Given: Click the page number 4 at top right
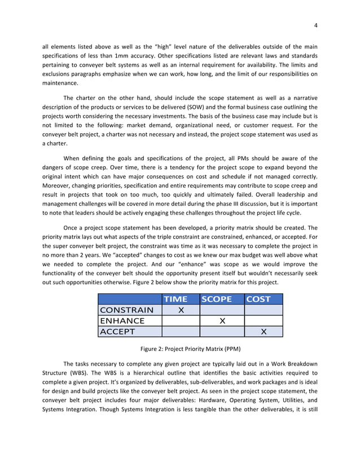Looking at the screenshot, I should [x=316, y=25].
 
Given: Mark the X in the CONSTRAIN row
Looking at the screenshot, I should [x=181, y=310].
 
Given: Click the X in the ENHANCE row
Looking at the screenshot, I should [x=222, y=321].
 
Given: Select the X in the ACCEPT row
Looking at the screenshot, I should [x=264, y=332].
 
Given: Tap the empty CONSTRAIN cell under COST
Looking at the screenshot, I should [x=264, y=310].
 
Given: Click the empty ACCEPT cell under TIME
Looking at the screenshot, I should [x=181, y=332].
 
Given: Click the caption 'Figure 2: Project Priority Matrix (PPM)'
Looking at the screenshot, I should [x=180, y=349].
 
